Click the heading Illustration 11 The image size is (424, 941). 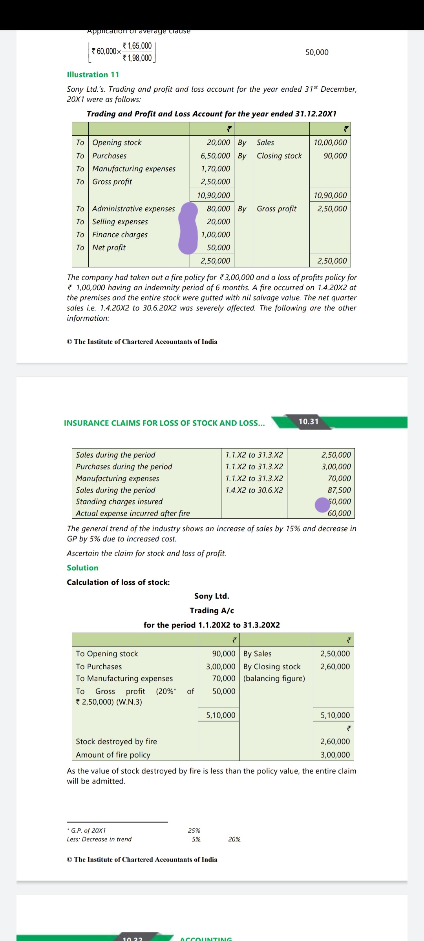pos(93,74)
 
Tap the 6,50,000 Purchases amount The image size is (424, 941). pos(215,156)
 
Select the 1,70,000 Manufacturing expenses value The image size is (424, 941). pos(216,169)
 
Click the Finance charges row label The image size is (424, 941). pos(120,234)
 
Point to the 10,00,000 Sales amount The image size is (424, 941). pos(330,142)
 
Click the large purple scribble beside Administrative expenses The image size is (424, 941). pos(188,228)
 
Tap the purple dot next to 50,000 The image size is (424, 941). pos(322,505)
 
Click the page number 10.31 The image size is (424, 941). pos(309,421)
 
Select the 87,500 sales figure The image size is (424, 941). pos(339,490)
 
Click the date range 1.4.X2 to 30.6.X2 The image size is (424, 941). pos(254,490)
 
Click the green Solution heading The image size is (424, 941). pos(82,568)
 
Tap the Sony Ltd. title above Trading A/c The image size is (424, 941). pos(212,596)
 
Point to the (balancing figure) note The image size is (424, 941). pos(274,678)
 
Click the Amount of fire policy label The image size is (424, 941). pos(113,755)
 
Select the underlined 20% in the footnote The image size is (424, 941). pos(234,839)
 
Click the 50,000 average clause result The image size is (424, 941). pos(317,52)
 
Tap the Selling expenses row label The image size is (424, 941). pos(120,222)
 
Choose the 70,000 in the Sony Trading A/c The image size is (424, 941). pos(224,678)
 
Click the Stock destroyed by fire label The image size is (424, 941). pos(116,741)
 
